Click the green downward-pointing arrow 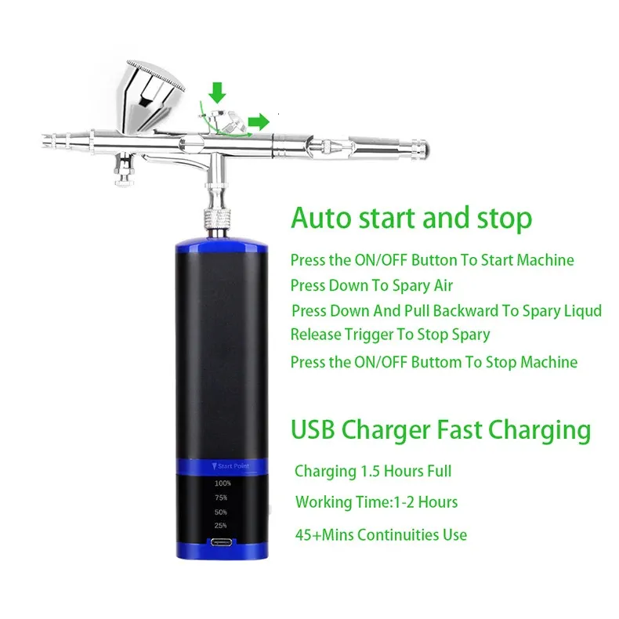tap(217, 92)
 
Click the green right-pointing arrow tap(259, 121)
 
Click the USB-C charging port tap(222, 542)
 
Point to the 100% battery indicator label tap(223, 483)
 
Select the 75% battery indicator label tap(221, 498)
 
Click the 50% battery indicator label tap(221, 512)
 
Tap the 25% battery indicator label tap(221, 526)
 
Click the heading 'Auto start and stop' tap(411, 218)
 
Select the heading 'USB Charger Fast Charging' tap(440, 429)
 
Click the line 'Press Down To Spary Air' tap(371, 285)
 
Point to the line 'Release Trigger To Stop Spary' tap(390, 335)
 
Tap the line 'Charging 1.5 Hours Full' tap(373, 471)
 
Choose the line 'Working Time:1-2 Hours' tap(376, 502)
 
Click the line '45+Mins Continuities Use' tap(381, 535)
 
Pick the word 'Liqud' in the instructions tap(583, 311)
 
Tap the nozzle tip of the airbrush tap(45, 141)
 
